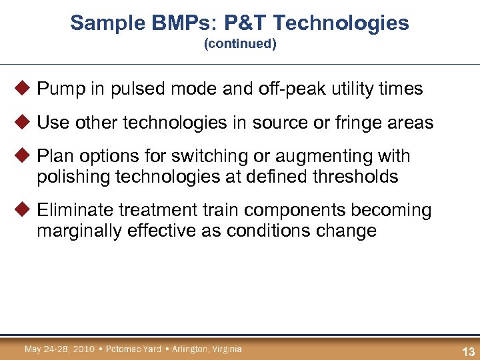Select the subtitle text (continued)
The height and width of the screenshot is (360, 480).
click(240, 45)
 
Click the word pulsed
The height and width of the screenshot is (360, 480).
click(131, 89)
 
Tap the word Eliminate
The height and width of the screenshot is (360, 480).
click(75, 211)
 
